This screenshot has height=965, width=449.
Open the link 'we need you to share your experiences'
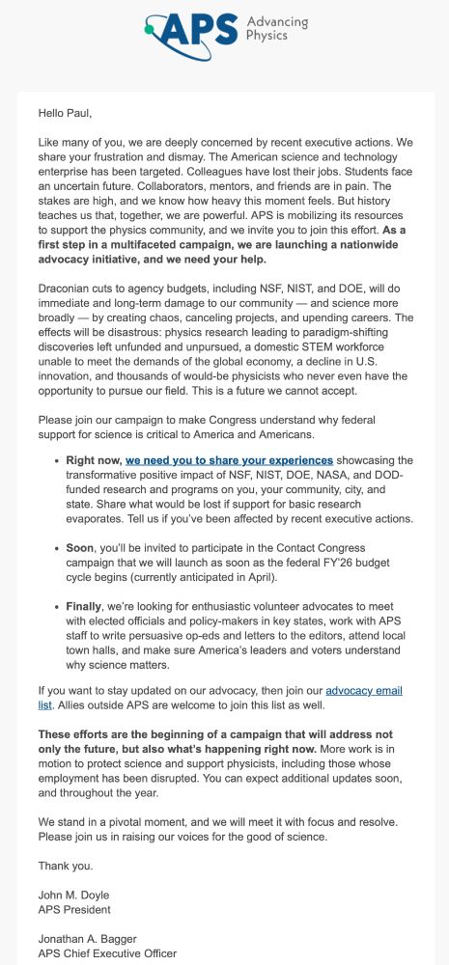(x=229, y=460)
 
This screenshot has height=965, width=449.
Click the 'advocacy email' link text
(x=364, y=690)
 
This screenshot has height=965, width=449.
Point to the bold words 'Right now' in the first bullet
(x=93, y=460)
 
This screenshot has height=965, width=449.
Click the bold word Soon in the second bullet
(x=81, y=546)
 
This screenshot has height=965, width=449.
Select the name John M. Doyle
(x=77, y=894)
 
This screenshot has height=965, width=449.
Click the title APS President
(x=74, y=908)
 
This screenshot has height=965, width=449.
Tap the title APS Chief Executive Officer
(x=107, y=954)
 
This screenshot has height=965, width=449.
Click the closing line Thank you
(x=66, y=865)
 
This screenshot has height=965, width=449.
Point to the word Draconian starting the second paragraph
(x=67, y=289)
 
